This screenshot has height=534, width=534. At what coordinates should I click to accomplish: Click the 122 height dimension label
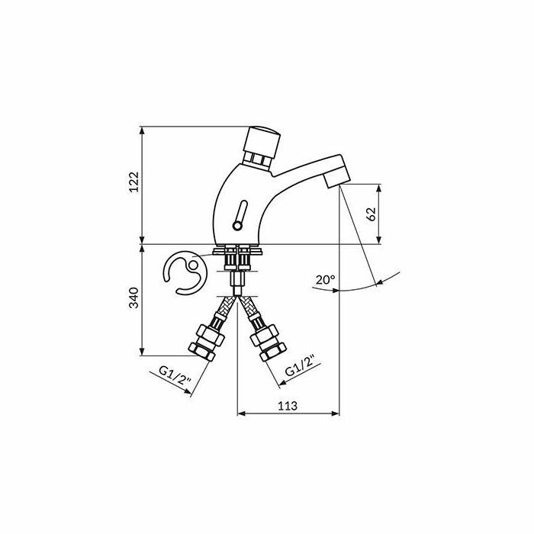point(134,182)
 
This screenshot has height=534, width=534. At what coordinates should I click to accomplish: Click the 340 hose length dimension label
point(133,298)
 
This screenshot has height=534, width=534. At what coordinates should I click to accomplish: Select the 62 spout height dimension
point(372,214)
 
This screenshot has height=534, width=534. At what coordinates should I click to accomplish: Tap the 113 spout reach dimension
point(288,406)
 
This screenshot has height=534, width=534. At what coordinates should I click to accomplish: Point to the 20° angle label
point(325,280)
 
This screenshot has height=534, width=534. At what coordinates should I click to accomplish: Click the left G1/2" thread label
point(174,375)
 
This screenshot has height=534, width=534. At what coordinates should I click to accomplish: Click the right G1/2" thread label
point(300,365)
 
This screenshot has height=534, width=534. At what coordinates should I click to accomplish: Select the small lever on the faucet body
point(240,215)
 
